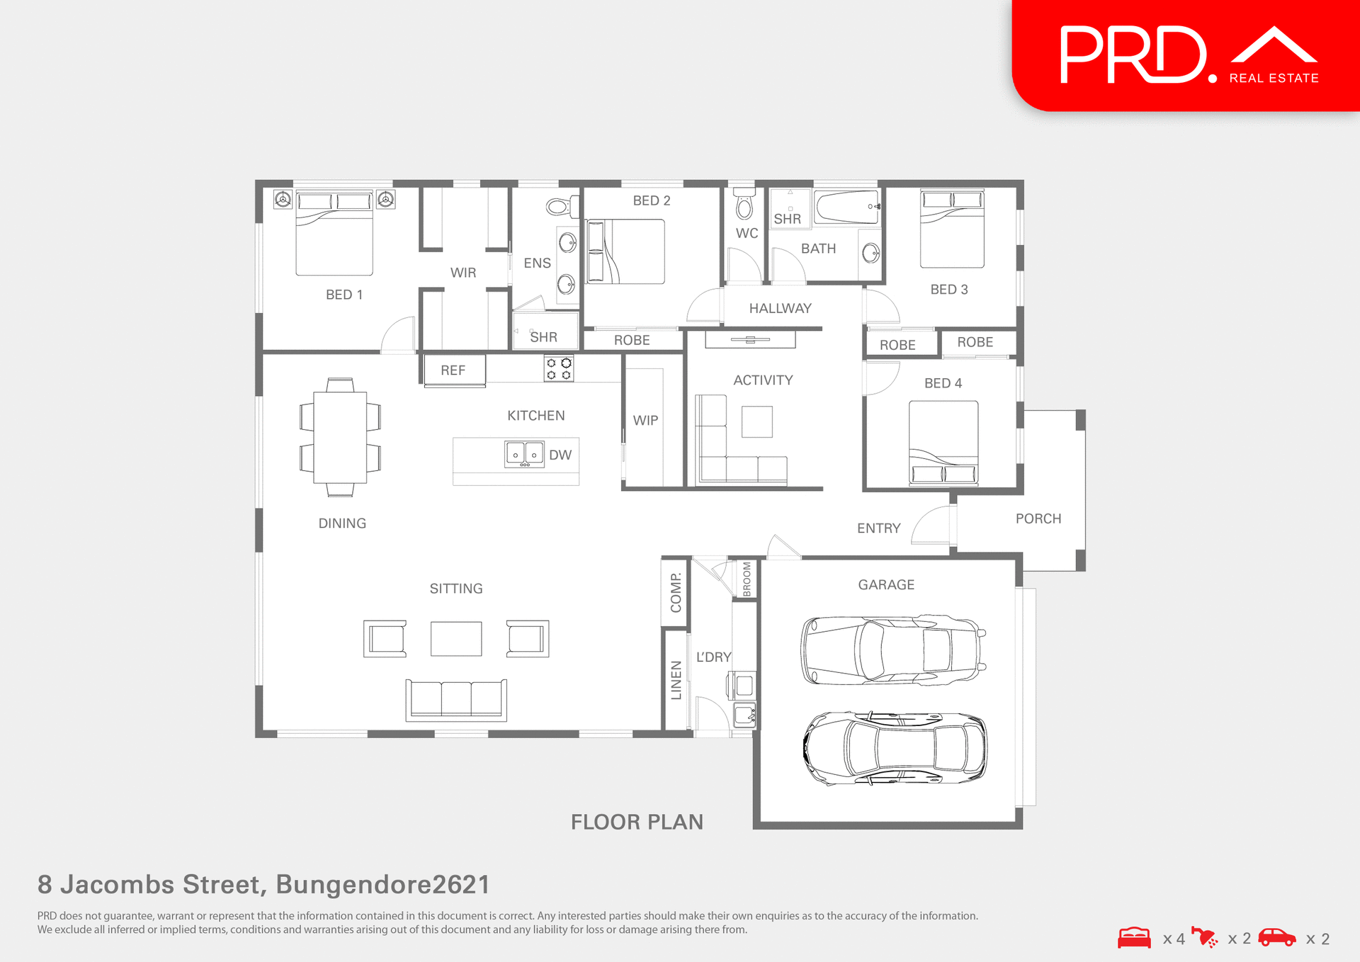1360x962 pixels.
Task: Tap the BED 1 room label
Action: [344, 295]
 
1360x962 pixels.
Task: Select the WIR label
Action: [463, 273]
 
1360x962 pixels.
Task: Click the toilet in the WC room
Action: [744, 205]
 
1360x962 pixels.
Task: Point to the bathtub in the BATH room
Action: [846, 206]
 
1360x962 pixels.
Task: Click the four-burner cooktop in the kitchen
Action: [558, 368]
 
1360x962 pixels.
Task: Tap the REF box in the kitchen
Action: [454, 370]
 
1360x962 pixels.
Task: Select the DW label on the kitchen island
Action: [560, 455]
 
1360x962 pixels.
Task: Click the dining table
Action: [340, 437]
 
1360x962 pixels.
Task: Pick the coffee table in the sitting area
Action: [456, 639]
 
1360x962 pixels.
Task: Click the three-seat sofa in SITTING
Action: [456, 699]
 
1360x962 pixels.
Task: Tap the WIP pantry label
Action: [645, 421]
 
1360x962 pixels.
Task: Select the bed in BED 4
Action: [943, 443]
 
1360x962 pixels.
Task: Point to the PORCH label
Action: [1038, 519]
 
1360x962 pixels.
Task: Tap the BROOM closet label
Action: [747, 579]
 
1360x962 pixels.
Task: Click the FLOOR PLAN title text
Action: [637, 822]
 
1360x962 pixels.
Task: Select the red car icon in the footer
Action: [1276, 938]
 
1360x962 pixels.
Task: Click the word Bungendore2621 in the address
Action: [382, 885]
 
